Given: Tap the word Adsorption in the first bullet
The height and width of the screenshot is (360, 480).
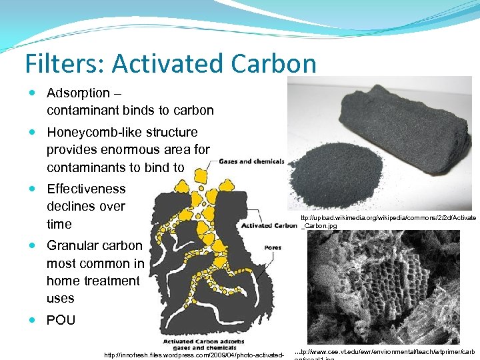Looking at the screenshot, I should click(x=78, y=93).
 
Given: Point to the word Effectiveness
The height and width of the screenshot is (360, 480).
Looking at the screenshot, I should click(x=86, y=189).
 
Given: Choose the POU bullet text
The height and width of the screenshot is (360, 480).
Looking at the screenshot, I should click(x=61, y=320).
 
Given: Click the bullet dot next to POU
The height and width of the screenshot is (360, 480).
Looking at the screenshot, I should click(x=34, y=320).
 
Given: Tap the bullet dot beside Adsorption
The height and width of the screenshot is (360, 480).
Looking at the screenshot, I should click(x=34, y=93).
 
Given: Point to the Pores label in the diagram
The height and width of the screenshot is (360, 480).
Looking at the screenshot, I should click(x=272, y=247).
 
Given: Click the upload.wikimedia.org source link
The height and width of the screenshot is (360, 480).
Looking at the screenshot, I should click(x=389, y=222).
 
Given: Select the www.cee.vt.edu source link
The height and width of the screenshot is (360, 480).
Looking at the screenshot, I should click(x=387, y=351).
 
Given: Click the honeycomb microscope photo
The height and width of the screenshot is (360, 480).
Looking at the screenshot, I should click(x=383, y=287).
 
